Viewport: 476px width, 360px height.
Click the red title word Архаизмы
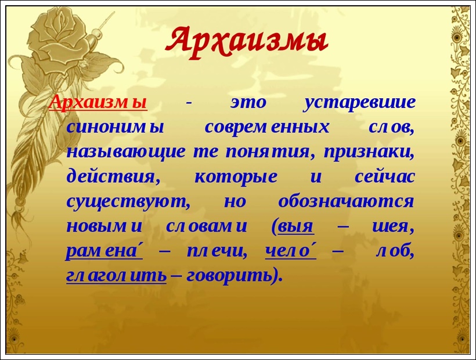247,40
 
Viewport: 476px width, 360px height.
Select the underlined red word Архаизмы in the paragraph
98,103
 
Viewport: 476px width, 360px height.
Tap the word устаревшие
360,103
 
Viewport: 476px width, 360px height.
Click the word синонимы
116,128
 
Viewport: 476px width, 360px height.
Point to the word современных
267,128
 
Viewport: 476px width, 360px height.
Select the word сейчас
385,177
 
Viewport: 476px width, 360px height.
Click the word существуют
124,201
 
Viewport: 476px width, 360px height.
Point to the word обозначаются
346,201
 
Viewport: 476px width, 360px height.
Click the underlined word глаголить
116,276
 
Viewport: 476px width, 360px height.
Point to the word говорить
232,276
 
